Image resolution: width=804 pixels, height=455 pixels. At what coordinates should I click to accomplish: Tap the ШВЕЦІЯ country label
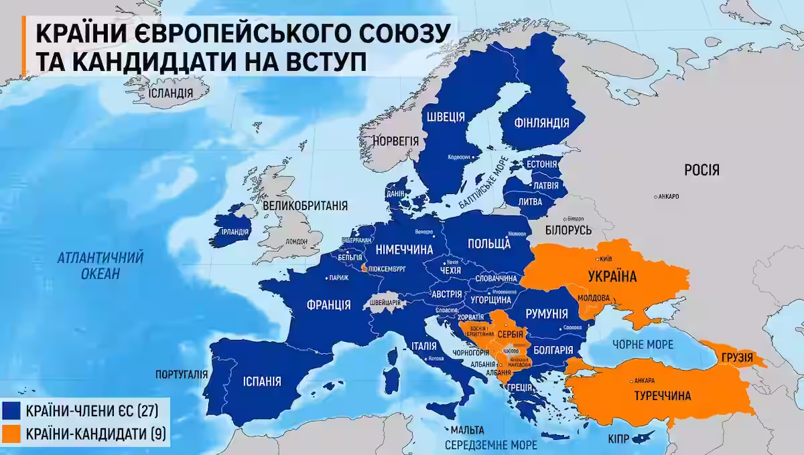pyautogui.click(x=444, y=117)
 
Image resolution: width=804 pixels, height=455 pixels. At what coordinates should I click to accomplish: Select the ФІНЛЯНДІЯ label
pyautogui.click(x=541, y=123)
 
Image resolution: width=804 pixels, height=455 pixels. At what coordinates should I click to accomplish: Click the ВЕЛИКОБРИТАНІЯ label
pyautogui.click(x=305, y=205)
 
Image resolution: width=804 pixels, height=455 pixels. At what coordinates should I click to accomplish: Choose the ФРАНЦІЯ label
pyautogui.click(x=328, y=305)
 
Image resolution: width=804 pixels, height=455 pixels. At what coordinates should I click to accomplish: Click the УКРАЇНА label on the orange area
pyautogui.click(x=612, y=276)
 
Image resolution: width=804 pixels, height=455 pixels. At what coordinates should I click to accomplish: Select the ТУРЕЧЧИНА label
pyautogui.click(x=661, y=396)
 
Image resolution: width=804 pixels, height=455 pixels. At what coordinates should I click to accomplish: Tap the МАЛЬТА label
pyautogui.click(x=468, y=430)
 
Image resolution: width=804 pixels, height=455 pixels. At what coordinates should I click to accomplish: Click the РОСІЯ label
pyautogui.click(x=701, y=171)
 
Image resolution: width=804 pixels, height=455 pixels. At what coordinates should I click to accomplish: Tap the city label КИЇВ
pyautogui.click(x=605, y=258)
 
